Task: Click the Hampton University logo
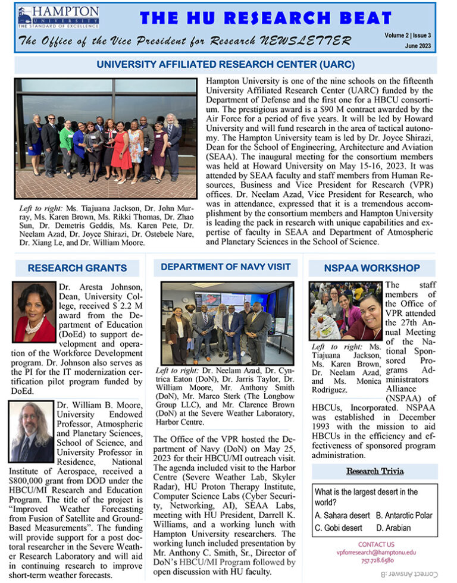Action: [x=58, y=17]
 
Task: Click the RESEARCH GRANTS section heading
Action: [x=77, y=268]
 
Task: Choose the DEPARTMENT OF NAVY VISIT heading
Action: [x=226, y=267]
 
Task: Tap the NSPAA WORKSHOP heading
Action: [x=372, y=268]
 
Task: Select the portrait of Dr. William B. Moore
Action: [x=32, y=432]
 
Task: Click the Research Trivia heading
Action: [x=375, y=472]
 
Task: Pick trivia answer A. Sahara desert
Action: [x=343, y=515]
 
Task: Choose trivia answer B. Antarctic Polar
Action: [x=404, y=515]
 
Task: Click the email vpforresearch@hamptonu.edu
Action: [x=376, y=552]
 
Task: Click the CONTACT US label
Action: [x=376, y=544]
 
